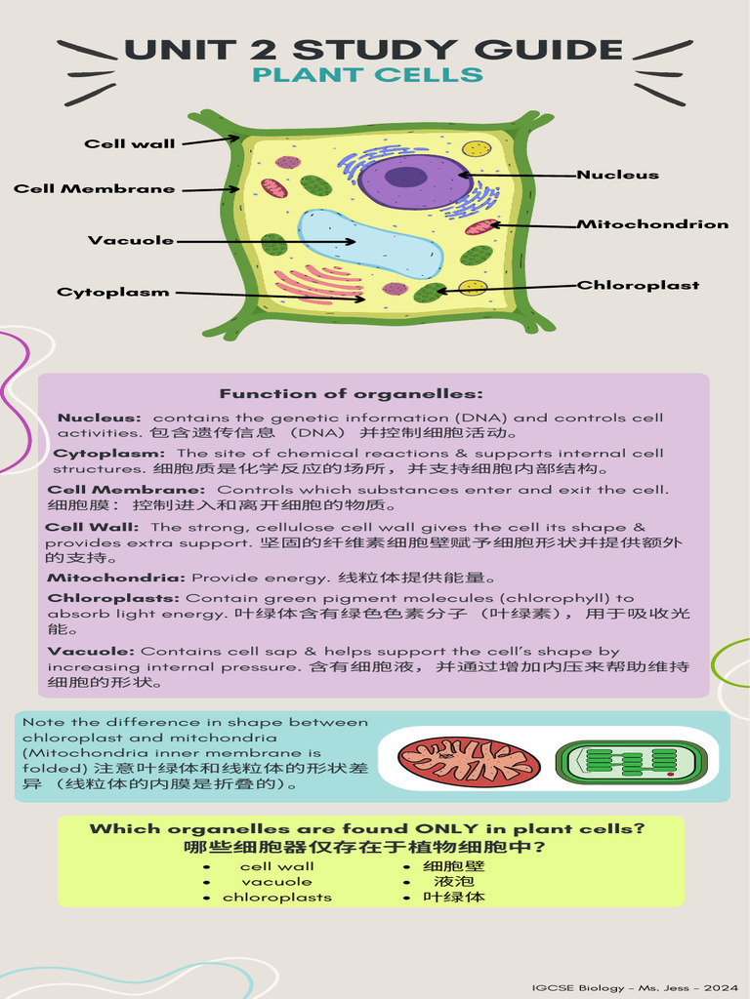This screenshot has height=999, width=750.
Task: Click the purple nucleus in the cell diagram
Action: (415, 181)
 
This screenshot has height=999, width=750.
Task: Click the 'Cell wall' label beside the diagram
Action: (130, 143)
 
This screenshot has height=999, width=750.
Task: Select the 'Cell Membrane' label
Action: (95, 188)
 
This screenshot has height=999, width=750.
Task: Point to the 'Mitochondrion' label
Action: (652, 224)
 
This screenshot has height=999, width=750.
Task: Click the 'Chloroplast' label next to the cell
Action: (639, 286)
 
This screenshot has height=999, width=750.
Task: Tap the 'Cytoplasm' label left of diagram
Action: (113, 292)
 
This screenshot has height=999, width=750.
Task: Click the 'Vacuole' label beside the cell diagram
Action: (131, 240)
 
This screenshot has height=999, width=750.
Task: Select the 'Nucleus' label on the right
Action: (617, 175)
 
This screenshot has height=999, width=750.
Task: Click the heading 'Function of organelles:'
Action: (351, 394)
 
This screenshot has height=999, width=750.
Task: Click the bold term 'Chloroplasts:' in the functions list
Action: (114, 598)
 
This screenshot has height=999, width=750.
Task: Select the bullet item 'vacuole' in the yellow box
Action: (276, 882)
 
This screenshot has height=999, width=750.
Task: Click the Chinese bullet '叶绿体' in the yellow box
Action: (454, 898)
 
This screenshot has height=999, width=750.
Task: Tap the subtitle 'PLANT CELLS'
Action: (367, 75)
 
